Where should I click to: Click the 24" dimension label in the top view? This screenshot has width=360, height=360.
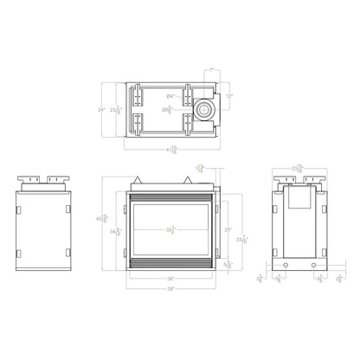click(103, 110)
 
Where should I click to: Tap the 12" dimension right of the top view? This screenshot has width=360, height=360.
click(229, 95)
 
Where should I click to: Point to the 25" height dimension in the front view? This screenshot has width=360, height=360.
click(228, 229)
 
